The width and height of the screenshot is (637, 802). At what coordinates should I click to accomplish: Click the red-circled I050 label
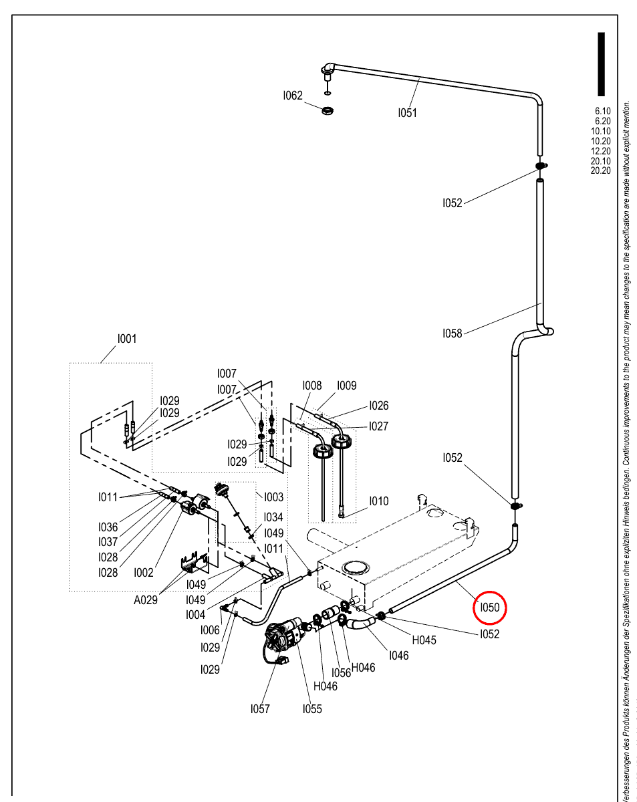pos(489,608)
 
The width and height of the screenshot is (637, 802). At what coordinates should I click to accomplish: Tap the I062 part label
pos(293,96)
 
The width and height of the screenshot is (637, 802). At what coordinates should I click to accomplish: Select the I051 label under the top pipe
pos(407,113)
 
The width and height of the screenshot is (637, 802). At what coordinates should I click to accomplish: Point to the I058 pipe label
pos(452,333)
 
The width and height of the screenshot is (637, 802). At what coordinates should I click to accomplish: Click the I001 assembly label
pos(127,339)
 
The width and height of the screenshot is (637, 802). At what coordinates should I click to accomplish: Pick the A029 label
pos(145,600)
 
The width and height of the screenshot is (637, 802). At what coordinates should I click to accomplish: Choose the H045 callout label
pos(424,640)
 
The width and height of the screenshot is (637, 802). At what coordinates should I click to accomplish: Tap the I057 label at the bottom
pos(260,709)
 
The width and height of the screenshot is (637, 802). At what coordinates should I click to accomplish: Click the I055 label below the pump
pos(312,709)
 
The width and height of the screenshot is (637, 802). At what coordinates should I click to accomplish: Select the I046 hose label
pos(398,656)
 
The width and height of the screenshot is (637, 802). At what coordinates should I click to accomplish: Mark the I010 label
pos(379,501)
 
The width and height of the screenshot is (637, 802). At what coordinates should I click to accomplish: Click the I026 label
pos(379,406)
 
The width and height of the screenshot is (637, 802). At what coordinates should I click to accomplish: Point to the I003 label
pos(273,497)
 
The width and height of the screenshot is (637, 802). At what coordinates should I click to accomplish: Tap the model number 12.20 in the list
pos(600,151)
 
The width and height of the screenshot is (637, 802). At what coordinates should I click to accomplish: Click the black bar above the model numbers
pos(601,64)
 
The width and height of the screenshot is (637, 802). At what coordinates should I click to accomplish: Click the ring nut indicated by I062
pos(328,111)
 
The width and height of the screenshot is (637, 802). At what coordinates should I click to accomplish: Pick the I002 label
pos(144,573)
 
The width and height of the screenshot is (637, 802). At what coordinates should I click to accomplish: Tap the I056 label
pos(341,673)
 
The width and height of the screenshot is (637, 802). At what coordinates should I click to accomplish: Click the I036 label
pos(108,527)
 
